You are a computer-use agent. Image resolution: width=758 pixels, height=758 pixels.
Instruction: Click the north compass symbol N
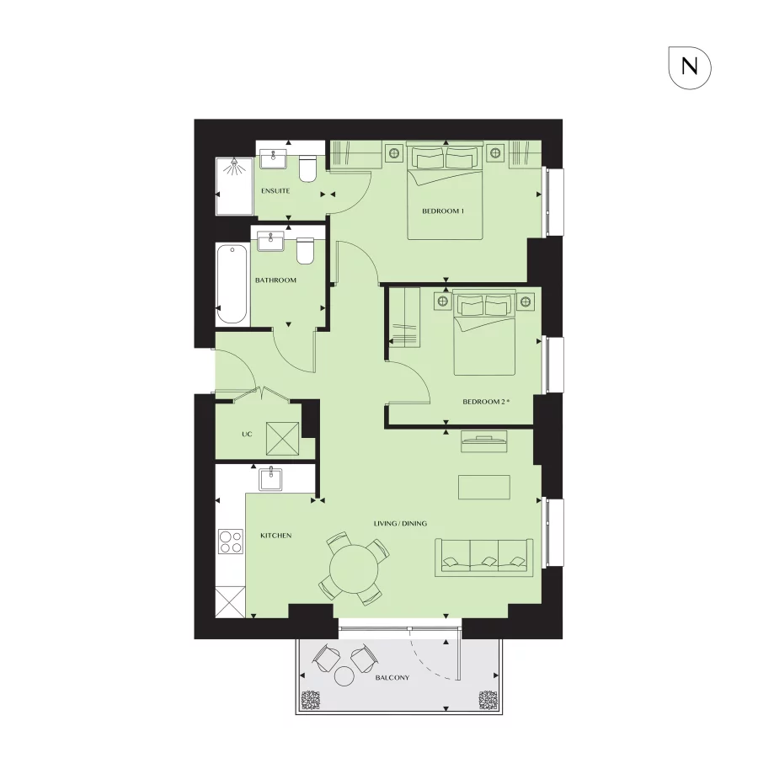690,67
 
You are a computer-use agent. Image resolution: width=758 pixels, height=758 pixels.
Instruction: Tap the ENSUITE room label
275,191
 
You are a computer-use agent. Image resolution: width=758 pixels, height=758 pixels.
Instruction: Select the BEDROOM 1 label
443,211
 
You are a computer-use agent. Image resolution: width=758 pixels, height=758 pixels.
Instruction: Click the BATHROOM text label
275,280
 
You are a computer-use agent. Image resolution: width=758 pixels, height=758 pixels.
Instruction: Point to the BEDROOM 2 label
486,402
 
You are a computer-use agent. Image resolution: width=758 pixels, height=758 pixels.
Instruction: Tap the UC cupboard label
247,435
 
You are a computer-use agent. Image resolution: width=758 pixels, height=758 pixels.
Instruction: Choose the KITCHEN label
275,535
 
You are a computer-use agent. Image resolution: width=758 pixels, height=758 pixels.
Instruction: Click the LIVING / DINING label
401,524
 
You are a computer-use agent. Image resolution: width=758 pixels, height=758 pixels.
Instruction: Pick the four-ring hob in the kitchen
230,541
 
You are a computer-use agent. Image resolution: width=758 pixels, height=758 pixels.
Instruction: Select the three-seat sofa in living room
484,557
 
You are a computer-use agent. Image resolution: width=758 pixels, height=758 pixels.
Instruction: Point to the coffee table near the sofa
484,488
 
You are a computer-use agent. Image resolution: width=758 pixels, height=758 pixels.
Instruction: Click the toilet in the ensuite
308,168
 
